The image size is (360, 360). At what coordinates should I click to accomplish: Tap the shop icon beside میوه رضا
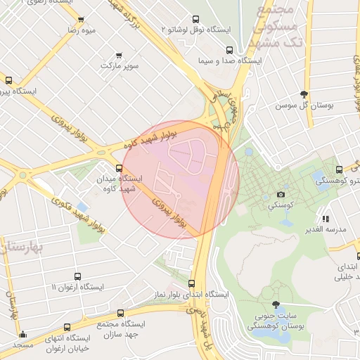pyautogui.click(x=82, y=20)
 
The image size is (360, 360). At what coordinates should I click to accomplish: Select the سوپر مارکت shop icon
pyautogui.click(x=119, y=55)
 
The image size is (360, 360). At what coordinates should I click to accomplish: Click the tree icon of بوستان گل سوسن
pyautogui.click(x=304, y=94)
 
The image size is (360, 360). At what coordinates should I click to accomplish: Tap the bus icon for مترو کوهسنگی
pyautogui.click(x=340, y=169)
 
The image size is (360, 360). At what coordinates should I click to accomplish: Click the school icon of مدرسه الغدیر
pyautogui.click(x=326, y=219)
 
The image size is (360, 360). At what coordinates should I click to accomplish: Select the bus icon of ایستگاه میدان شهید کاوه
pyautogui.click(x=119, y=168)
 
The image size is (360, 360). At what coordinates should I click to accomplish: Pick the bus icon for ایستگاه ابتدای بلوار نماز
pyautogui.click(x=191, y=283)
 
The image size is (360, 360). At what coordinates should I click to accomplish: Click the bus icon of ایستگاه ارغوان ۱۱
pyautogui.click(x=77, y=277)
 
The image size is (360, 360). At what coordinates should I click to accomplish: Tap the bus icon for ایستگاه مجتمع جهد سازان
pyautogui.click(x=120, y=313)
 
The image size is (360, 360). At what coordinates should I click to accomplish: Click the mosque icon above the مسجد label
pyautogui.click(x=22, y=335)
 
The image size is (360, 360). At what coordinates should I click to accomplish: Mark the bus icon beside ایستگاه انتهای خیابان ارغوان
pyautogui.click(x=67, y=328)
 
